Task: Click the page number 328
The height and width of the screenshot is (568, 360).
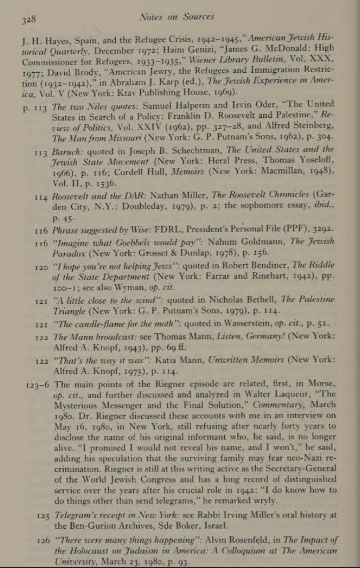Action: pyautogui.click(x=28, y=21)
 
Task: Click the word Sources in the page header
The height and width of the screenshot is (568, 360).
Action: pyautogui.click(x=195, y=17)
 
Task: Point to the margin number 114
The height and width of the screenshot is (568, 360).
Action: pyautogui.click(x=41, y=197)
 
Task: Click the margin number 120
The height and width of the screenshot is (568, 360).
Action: pyautogui.click(x=41, y=267)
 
